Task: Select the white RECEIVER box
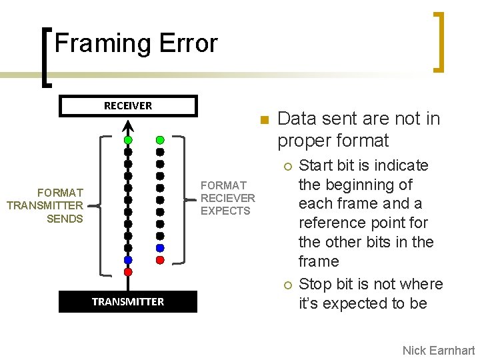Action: (x=128, y=106)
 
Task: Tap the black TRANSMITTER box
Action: (x=128, y=301)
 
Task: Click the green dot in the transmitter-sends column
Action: (x=128, y=140)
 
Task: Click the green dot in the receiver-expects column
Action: (x=160, y=140)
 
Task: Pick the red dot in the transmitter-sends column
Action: (x=128, y=271)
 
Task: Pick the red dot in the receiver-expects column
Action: (x=160, y=259)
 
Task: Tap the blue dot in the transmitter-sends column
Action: (x=128, y=260)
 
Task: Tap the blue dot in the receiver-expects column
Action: (x=160, y=248)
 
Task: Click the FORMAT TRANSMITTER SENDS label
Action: (x=45, y=206)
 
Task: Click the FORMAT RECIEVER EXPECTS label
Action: (x=227, y=198)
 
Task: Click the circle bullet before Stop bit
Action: (x=287, y=285)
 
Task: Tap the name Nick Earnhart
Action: (x=438, y=351)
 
